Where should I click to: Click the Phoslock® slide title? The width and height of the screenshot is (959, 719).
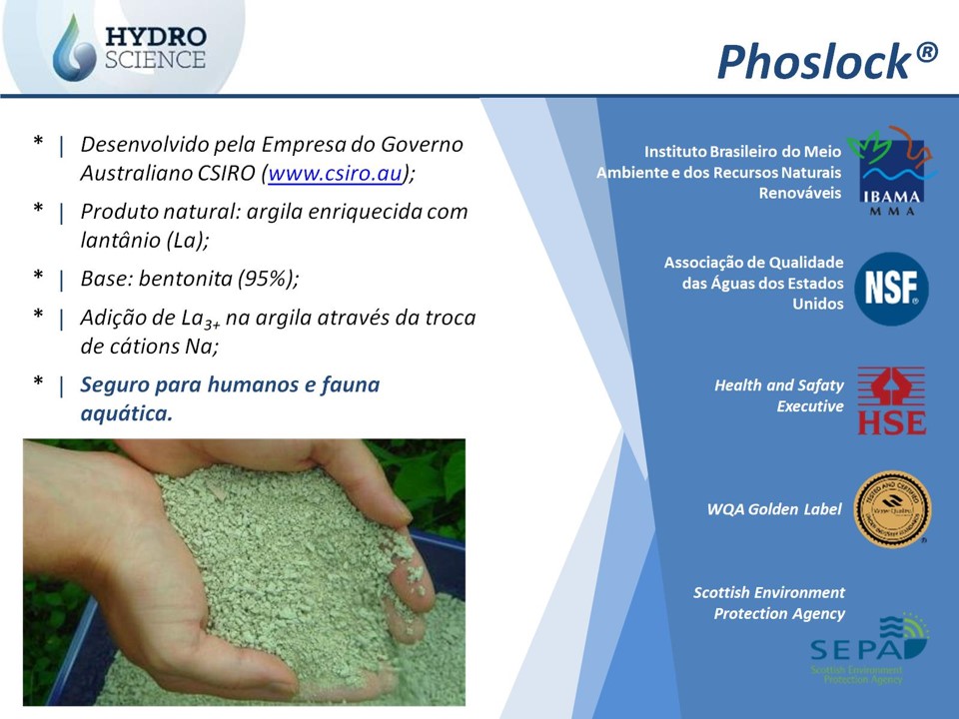[x=827, y=62]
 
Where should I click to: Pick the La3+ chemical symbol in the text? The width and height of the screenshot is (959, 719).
[x=200, y=319]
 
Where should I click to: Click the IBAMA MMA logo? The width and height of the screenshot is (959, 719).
[x=891, y=171]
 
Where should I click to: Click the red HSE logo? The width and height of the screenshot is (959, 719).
[x=891, y=401]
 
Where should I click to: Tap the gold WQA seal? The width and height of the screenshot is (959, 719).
[x=892, y=509]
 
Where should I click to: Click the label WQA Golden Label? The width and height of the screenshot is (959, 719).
[x=774, y=509]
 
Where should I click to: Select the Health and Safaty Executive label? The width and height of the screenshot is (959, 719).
[x=779, y=395]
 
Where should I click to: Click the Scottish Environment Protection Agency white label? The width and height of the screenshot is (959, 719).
[x=769, y=603]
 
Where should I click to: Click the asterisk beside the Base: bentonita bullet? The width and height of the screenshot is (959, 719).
[x=38, y=279]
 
